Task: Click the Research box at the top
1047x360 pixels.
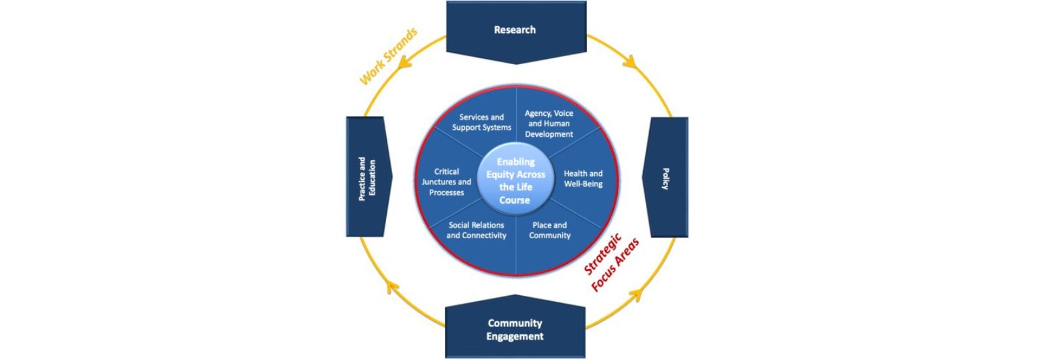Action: pos(515,30)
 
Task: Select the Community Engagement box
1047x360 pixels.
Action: pos(515,329)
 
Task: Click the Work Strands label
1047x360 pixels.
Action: pos(388,56)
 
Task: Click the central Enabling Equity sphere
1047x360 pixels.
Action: pos(515,181)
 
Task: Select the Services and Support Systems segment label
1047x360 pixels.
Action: pos(482,122)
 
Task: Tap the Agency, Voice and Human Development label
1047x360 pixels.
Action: pos(549,124)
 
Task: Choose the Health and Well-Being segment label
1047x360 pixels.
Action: pos(583,179)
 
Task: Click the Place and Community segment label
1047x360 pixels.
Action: pos(550,230)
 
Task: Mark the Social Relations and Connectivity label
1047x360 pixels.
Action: pos(476,230)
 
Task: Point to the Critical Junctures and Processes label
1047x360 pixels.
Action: pos(446,182)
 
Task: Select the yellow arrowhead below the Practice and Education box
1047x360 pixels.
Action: pos(391,285)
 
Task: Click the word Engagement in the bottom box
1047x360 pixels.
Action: pos(515,336)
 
